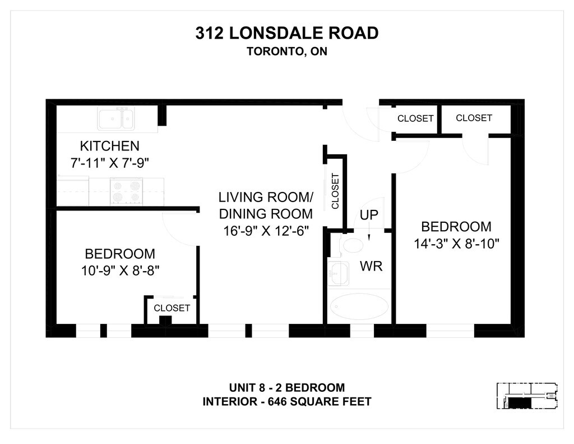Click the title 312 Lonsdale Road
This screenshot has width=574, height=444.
tap(286, 33)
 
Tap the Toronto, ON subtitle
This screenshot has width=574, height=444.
tap(286, 51)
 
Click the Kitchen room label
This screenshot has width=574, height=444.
tap(109, 146)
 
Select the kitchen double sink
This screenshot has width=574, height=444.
tap(116, 119)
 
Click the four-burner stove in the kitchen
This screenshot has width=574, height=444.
tap(126, 191)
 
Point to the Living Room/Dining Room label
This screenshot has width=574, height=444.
tap(266, 205)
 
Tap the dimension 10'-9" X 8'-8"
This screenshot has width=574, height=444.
tap(120, 269)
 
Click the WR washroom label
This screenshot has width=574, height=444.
tap(371, 266)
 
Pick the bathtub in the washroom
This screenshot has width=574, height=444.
tap(359, 306)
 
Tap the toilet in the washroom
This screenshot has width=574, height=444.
tap(353, 245)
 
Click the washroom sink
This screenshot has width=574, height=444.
tap(338, 273)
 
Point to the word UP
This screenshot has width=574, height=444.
tap(369, 214)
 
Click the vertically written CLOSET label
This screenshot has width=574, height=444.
tap(335, 191)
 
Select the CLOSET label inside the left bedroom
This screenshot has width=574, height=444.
tap(172, 308)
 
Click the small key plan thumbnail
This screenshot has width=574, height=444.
tap(528, 396)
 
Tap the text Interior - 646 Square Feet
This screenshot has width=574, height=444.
tap(286, 402)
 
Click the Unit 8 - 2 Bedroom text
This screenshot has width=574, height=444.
tap(286, 388)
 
